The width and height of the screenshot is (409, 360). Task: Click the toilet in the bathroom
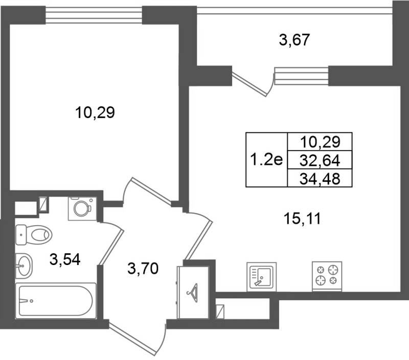[x=34, y=235]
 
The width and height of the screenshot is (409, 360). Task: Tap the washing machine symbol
[x=82, y=209]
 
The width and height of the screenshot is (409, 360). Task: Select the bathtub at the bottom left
[x=56, y=301]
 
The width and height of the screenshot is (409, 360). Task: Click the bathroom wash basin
[x=24, y=266]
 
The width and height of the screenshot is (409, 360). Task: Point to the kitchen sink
[x=261, y=277]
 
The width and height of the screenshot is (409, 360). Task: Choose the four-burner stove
[x=327, y=276]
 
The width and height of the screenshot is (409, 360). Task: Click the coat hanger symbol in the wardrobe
[x=193, y=293]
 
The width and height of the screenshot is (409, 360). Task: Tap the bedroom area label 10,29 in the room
[x=95, y=113]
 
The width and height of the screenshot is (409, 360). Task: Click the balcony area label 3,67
[x=294, y=40]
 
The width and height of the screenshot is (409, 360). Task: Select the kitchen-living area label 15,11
[x=302, y=219]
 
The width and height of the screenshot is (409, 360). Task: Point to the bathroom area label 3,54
[x=65, y=259]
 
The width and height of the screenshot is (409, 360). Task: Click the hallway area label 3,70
[x=143, y=268]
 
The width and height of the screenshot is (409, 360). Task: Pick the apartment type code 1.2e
[x=266, y=159]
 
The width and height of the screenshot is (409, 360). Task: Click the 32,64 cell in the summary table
[x=320, y=160]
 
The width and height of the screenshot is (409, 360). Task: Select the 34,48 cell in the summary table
[x=320, y=178]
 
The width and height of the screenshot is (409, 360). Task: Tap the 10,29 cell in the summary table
[x=320, y=142]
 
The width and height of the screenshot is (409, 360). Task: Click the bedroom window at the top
[x=94, y=15]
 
